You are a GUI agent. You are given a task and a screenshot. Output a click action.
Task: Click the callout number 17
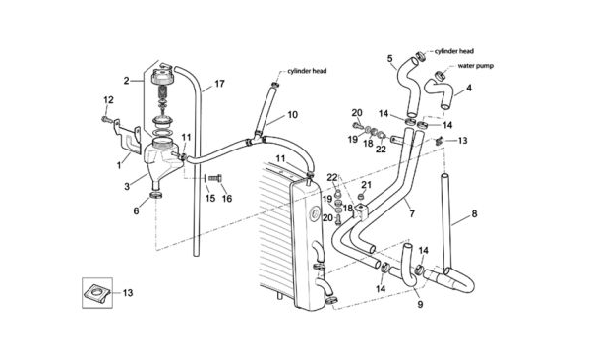pyautogui.click(x=219, y=84)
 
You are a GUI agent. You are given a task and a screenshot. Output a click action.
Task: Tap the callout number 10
pyautogui.click(x=292, y=115)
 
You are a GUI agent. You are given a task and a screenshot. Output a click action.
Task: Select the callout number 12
pyautogui.click(x=108, y=100)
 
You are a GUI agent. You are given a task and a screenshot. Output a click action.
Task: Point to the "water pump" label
pyautogui.click(x=476, y=66)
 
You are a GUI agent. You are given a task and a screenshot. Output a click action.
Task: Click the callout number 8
pyautogui.click(x=474, y=213)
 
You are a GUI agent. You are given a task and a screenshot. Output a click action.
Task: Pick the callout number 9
pyautogui.click(x=420, y=304)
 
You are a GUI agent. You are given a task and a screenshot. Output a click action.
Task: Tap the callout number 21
pyautogui.click(x=366, y=185)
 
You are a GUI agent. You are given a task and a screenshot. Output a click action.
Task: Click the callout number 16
pyautogui.click(x=227, y=198)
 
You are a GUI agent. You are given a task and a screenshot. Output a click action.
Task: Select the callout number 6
pyautogui.click(x=137, y=210)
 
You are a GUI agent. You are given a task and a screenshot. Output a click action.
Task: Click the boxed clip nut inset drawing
pyautogui.click(x=97, y=293)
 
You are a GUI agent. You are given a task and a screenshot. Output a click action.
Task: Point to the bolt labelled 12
pyautogui.click(x=106, y=120)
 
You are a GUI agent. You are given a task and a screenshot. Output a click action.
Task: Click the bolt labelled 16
pyautogui.click(x=215, y=178)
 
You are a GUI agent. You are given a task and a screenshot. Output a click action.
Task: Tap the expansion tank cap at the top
pyautogui.click(x=161, y=77)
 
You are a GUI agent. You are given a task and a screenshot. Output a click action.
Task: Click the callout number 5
pyautogui.click(x=389, y=58)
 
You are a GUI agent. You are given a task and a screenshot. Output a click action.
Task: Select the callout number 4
pyautogui.click(x=469, y=88)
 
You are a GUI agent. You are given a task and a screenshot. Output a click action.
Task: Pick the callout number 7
pyautogui.click(x=412, y=213)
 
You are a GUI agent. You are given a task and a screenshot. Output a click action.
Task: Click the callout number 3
pyautogui.click(x=127, y=187)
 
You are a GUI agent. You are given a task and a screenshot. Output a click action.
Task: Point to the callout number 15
pyautogui.click(x=210, y=198)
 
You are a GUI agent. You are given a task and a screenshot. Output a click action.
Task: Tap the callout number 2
pyautogui.click(x=127, y=81)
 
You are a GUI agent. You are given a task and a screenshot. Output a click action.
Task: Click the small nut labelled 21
pyautogui.click(x=361, y=197)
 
